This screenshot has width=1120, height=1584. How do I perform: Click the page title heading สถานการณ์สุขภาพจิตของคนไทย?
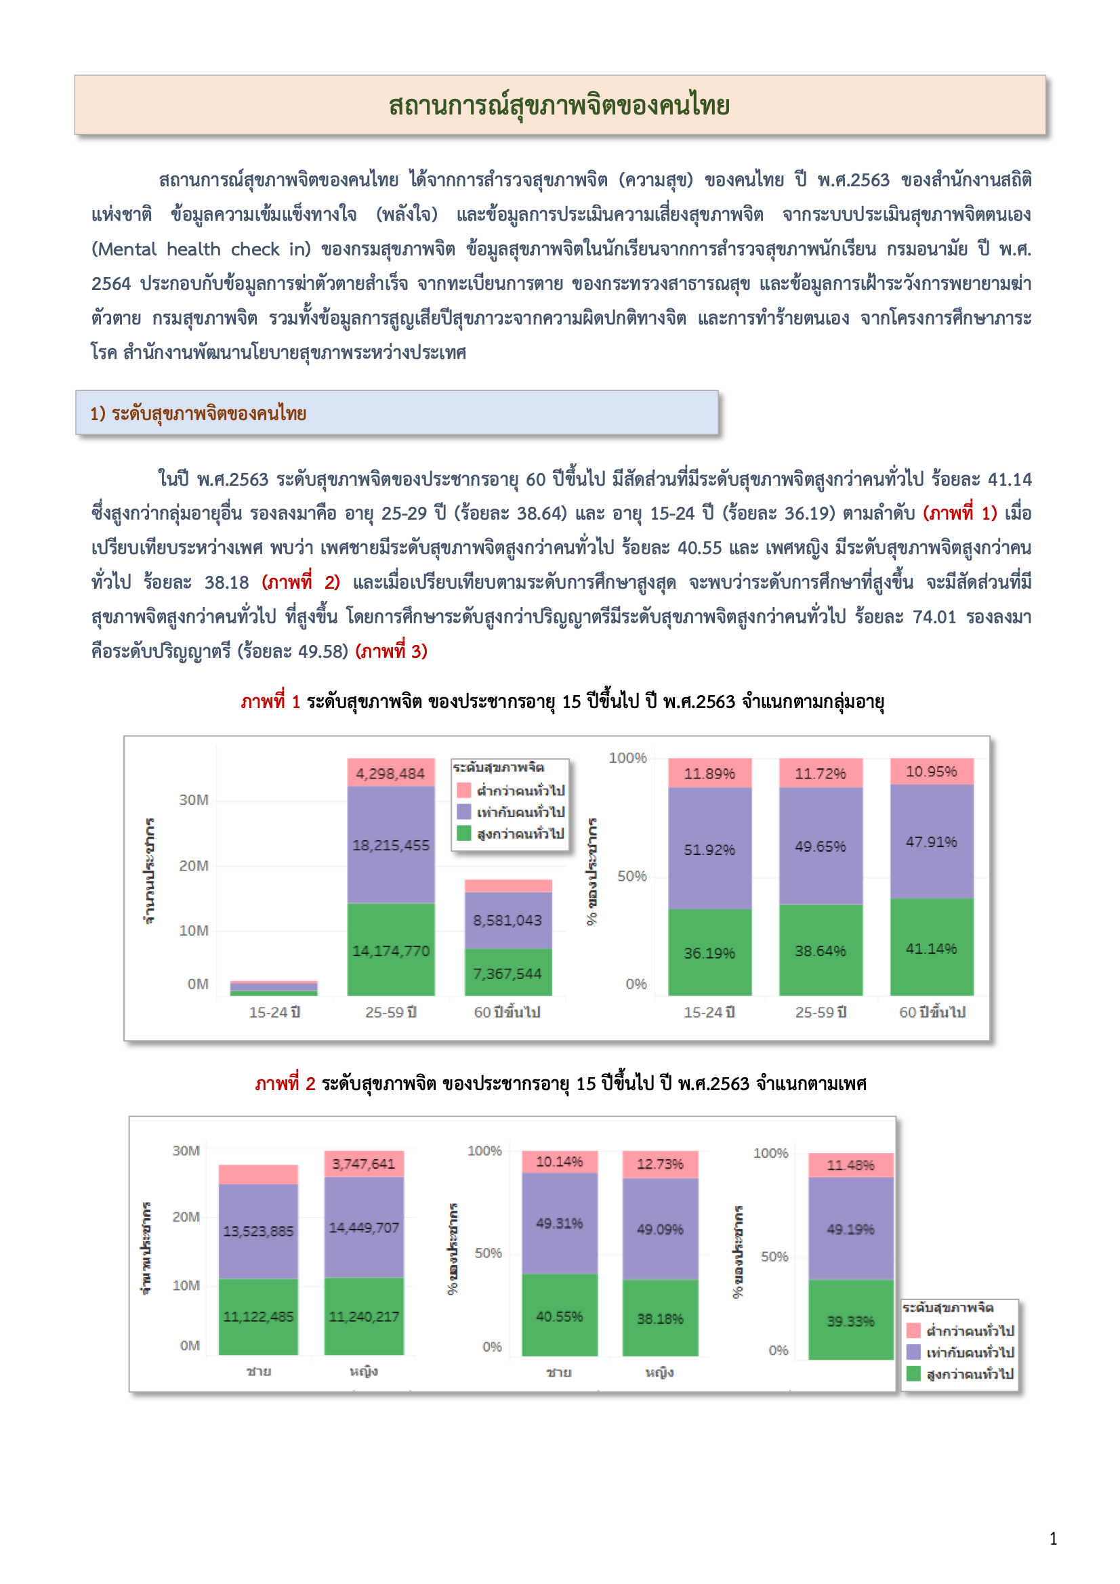point(559,106)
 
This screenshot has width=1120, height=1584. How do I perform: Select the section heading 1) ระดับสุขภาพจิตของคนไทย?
point(198,413)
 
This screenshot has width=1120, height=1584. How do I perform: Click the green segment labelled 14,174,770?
point(390,951)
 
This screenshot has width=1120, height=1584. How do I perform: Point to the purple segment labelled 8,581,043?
point(507,920)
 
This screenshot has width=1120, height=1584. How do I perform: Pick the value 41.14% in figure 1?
point(931,949)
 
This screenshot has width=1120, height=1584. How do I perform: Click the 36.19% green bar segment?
point(709,953)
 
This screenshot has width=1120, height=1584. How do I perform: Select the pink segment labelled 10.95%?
point(931,771)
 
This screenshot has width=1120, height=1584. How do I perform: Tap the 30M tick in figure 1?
point(193,799)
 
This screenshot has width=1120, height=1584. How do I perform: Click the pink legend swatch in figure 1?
point(463,790)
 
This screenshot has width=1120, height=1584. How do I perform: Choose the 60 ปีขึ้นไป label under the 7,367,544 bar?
point(507,1012)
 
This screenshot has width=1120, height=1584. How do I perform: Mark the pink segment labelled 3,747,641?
point(364,1164)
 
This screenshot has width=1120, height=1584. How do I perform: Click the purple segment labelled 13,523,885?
point(258,1231)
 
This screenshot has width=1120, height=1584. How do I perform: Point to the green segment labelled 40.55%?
point(559,1316)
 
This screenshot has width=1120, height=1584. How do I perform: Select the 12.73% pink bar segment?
point(660,1164)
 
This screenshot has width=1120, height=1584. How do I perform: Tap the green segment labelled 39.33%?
point(850,1321)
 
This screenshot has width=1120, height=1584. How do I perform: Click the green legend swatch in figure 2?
point(913,1373)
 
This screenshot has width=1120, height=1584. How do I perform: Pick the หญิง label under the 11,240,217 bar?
point(364,1371)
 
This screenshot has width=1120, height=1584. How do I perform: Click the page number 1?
point(1053,1539)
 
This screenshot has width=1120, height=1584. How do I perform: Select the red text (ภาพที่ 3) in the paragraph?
point(391,651)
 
